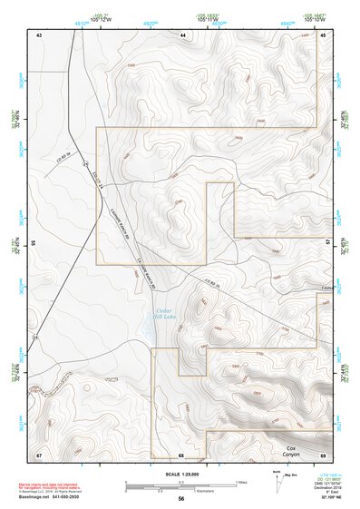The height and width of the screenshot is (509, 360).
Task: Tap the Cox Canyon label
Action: tap(291, 451)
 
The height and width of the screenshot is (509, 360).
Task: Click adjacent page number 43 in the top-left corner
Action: tap(39, 34)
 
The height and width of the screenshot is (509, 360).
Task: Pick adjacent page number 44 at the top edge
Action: tap(182, 34)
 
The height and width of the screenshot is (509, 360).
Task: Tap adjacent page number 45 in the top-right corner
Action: tap(323, 34)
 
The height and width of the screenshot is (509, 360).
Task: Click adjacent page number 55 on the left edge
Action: tap(34, 243)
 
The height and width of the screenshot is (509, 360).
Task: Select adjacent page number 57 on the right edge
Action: tap(327, 243)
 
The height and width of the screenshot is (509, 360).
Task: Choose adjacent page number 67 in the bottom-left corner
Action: tap(39, 454)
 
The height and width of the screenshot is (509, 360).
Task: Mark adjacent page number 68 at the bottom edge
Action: tap(181, 454)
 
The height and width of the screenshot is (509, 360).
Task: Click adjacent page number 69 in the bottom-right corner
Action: tap(323, 454)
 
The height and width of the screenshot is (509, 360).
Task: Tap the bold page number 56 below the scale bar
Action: tap(181, 499)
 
